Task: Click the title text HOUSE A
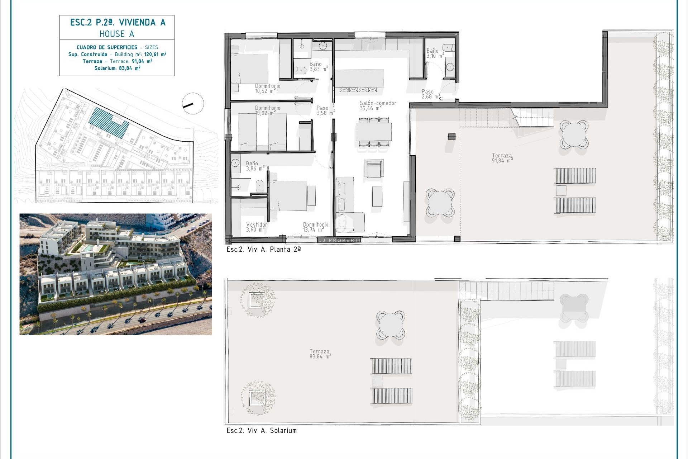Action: (x=117, y=34)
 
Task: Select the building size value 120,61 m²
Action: (x=155, y=55)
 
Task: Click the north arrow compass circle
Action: (x=193, y=104)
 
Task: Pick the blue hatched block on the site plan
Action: (x=109, y=122)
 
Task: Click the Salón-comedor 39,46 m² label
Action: (x=378, y=105)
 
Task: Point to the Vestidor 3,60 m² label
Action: (x=257, y=227)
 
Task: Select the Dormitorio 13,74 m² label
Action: (x=315, y=227)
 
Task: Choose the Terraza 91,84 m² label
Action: (x=502, y=158)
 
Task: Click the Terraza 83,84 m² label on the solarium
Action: (x=320, y=354)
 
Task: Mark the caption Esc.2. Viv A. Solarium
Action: (x=262, y=431)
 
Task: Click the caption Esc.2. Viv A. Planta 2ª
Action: (x=263, y=250)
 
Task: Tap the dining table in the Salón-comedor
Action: (x=373, y=132)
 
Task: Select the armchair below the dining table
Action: (x=373, y=168)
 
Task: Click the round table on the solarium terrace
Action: (x=391, y=325)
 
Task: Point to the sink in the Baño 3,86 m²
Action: (x=235, y=163)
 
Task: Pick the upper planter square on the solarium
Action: (x=257, y=300)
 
